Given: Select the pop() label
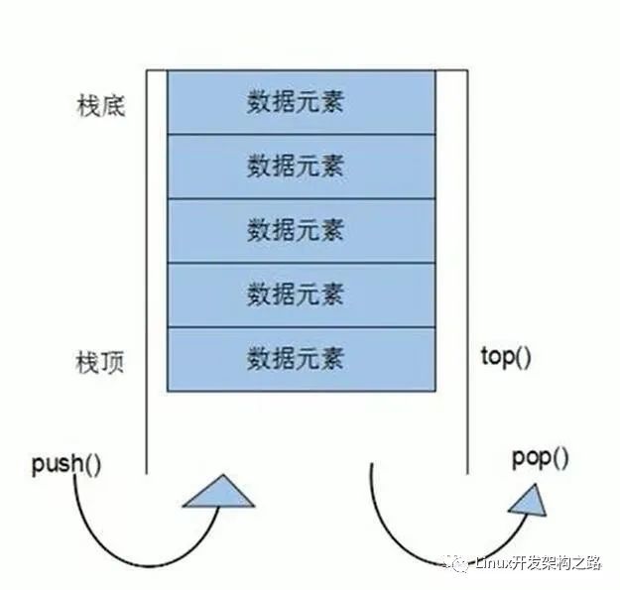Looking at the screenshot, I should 541,458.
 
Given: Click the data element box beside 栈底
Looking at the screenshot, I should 302,102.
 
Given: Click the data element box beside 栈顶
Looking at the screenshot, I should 302,358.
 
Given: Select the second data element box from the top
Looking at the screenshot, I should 302,166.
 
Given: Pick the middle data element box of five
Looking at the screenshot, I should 302,230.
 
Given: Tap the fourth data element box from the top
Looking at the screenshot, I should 302,295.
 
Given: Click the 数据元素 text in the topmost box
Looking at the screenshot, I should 296,102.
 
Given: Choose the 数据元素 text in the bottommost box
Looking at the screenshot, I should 296,358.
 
